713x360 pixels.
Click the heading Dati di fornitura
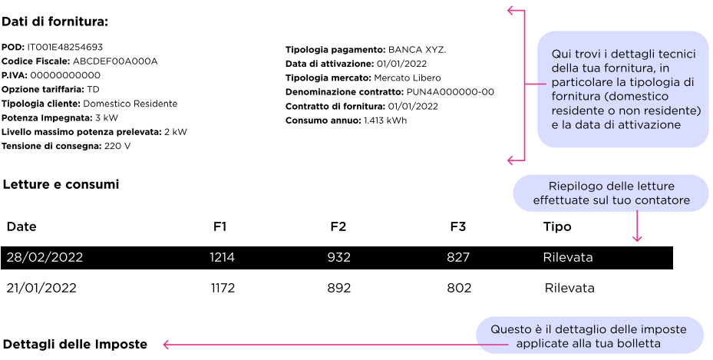point(55,21)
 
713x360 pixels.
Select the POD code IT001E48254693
point(64,47)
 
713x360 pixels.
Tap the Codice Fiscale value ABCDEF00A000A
point(115,61)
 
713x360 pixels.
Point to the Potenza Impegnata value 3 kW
point(107,118)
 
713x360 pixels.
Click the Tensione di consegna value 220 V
point(117,146)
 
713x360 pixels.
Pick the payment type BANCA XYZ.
point(417,50)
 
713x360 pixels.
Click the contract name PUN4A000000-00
point(450,92)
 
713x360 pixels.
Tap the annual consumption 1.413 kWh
point(385,121)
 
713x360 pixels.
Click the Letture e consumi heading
point(61,185)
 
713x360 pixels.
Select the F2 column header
point(338,227)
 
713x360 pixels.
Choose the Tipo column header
point(557,227)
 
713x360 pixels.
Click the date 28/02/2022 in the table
point(45,258)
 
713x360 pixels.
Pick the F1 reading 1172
point(223,289)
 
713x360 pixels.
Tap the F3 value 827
point(458,258)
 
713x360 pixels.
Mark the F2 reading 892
point(339,289)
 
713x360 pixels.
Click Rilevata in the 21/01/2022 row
point(569,289)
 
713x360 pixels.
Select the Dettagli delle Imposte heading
point(75,344)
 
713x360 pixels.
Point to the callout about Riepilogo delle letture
point(610,193)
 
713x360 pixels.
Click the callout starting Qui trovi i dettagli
point(622,89)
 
